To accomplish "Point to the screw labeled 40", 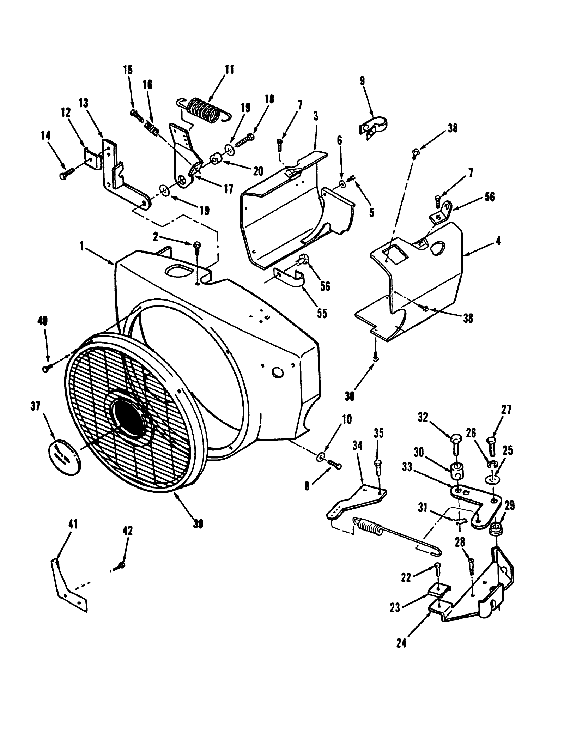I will pos(48,368).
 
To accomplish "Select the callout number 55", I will pos(322,313).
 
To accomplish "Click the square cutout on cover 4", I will pos(395,254).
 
